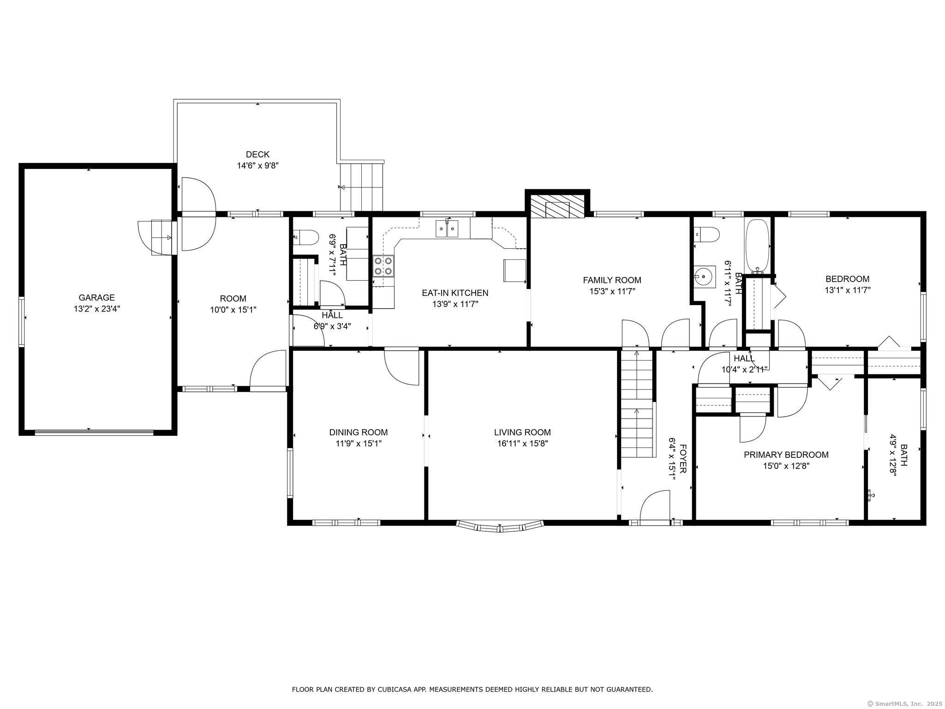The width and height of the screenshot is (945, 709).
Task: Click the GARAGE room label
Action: pos(96,298)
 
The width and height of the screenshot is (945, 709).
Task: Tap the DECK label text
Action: pos(257,154)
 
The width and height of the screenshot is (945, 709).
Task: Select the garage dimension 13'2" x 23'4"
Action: pos(96,309)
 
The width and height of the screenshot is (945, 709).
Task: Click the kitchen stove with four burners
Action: pos(384,266)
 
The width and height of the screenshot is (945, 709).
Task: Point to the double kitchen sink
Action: pos(447,229)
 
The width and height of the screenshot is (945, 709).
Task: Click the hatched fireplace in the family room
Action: pos(557,205)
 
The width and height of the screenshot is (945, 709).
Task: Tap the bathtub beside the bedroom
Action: pos(757,246)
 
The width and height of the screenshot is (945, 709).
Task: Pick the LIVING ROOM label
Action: pos(522,433)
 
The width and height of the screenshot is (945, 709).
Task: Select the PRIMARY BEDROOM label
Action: pos(786,455)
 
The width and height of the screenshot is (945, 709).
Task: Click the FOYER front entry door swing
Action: pos(655,506)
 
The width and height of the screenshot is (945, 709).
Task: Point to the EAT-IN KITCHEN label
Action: pos(455,293)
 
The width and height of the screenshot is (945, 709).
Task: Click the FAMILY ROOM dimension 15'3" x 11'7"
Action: pos(612,291)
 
